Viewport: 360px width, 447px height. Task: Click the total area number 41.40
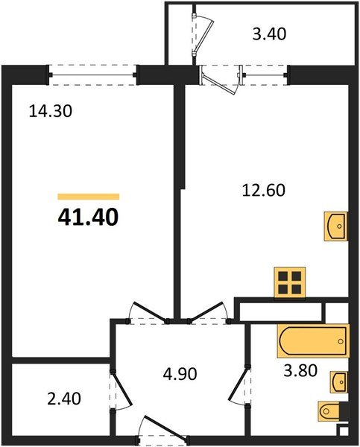coord(88,218)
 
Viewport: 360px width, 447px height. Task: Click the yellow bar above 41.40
coord(88,197)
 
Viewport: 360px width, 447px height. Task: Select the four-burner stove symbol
coord(289,282)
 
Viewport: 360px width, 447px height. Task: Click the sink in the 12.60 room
coord(336,226)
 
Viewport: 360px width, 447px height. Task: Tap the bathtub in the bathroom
coord(313,342)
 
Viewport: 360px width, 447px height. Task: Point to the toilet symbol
coord(331,410)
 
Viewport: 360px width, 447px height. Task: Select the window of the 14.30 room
coord(93,72)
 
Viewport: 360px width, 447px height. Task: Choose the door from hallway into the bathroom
coord(240,387)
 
